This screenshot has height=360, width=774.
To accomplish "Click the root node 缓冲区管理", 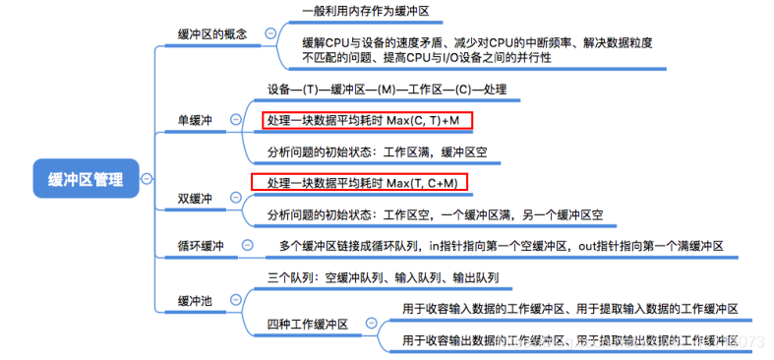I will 86,179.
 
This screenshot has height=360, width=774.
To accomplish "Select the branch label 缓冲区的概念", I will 211,33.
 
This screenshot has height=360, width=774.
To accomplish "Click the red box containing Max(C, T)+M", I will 367,121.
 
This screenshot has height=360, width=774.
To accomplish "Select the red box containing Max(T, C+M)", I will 358,183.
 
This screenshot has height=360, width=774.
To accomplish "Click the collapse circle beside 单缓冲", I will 235,120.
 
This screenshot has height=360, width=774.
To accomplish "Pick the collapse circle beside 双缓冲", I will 235,198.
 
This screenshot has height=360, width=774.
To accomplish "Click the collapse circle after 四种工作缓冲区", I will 370,324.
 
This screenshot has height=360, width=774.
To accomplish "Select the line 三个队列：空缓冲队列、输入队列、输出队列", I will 383,278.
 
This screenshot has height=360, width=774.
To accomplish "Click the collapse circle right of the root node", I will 147,179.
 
